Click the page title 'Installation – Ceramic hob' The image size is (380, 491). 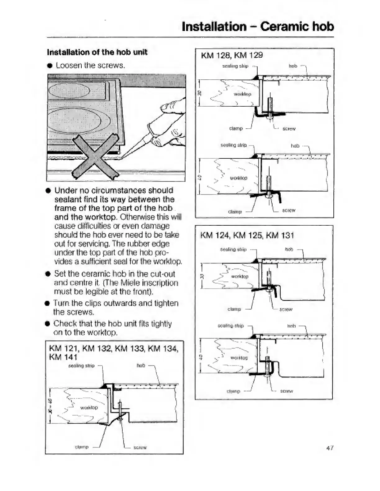(258, 26)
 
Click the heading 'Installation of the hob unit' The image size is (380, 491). (97, 52)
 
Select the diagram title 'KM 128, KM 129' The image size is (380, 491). (232, 55)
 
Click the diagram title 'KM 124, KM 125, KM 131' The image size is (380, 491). (247, 235)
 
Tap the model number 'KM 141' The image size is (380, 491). (63, 357)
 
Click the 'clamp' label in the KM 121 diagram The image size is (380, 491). (82, 447)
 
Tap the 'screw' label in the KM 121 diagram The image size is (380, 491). (140, 447)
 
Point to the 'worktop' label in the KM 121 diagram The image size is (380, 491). (89, 407)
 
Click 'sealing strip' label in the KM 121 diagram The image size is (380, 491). (81, 366)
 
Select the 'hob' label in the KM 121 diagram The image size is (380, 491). (141, 365)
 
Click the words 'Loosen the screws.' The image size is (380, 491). (90, 65)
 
